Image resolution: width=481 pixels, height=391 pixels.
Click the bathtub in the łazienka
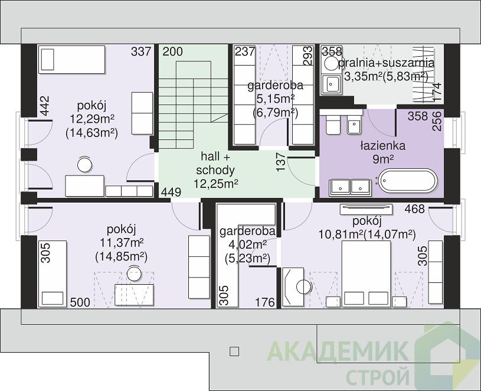tap(408, 181)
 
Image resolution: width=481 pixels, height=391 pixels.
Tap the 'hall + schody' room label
tap(215, 163)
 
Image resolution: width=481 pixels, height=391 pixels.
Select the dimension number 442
tap(45, 106)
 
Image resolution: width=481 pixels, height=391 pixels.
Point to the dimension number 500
tap(80, 302)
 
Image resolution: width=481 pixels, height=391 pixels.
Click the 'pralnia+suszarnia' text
tap(387, 63)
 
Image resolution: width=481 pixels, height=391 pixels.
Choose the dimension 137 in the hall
tap(282, 162)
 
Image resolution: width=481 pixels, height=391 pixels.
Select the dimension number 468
tap(415, 209)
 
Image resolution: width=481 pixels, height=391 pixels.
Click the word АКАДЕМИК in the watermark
tap(338, 351)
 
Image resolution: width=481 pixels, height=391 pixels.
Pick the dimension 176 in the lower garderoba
tap(265, 302)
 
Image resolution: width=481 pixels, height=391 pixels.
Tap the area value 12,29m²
tap(92, 118)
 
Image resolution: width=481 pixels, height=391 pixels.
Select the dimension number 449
tap(171, 193)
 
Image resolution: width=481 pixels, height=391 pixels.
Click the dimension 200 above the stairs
tap(172, 51)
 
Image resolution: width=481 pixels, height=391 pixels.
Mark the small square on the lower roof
tap(234, 351)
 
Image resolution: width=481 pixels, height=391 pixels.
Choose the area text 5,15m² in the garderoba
tap(275, 99)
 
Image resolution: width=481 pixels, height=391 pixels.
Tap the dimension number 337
tap(142, 51)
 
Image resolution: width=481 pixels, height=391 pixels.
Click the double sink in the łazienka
tap(350, 187)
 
